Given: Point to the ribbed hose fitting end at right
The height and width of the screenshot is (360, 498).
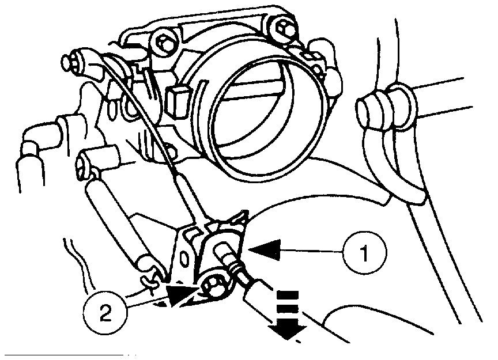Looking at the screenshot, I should click(x=369, y=109).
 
